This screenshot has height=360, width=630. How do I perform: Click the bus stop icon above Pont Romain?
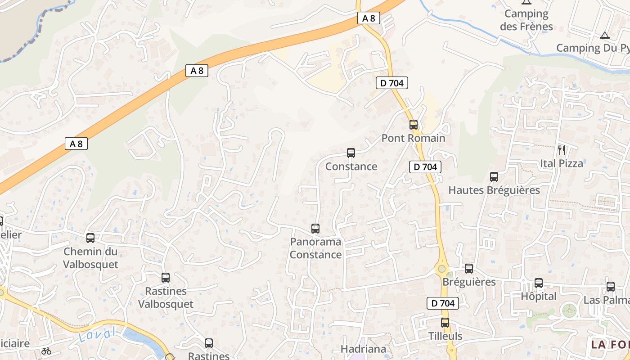coord(414,125)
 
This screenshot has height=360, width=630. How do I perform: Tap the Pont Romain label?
coord(413,138)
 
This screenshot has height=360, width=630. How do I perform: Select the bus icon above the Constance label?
coord(351,153)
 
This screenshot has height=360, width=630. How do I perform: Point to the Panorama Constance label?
coord(315,248)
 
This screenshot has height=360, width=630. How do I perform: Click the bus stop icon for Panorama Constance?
coord(315,229)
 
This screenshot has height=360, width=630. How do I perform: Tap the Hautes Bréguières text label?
coord(494,190)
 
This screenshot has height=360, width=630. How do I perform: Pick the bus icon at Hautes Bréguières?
coord(494,177)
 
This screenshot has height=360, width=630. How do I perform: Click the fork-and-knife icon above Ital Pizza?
coord(562,150)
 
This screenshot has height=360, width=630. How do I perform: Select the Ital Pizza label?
coord(562,163)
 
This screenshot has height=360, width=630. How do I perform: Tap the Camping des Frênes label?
coord(526,20)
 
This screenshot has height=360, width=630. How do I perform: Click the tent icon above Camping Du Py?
coord(605,35)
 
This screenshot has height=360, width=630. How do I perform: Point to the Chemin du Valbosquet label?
coord(90,258)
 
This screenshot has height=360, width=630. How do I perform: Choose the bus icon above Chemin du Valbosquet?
coord(90,238)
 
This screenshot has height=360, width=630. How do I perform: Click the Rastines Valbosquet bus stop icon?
coord(166,278)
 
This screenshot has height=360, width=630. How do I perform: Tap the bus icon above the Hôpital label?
coord(539,283)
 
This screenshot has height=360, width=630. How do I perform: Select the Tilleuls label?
coord(445,336)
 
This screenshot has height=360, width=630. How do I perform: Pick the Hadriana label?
coord(364,349)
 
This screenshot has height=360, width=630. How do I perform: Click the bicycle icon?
coord(46,351)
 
